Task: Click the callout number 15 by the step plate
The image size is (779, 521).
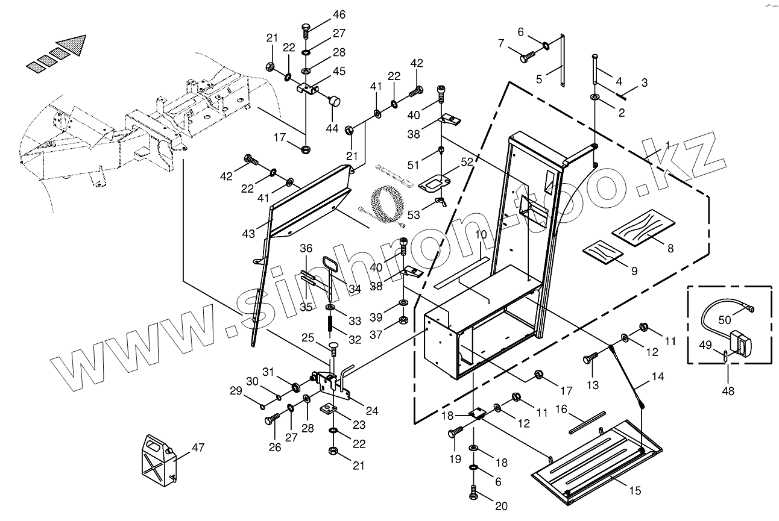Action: (x=634, y=491)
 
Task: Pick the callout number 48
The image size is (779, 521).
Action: (x=728, y=391)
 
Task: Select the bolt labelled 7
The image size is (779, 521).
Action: (x=526, y=57)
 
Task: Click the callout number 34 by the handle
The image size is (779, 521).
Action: (x=355, y=290)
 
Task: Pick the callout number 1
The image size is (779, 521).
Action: (x=667, y=145)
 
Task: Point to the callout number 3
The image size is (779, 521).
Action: (x=645, y=83)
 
